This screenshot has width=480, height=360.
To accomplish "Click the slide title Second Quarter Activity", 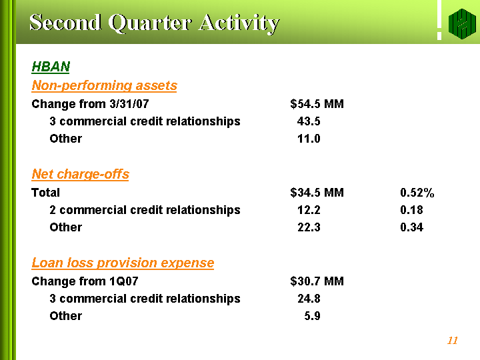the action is (x=154, y=23).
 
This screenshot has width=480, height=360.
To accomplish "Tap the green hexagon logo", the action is (x=462, y=24).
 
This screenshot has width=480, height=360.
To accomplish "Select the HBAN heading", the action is (x=51, y=67).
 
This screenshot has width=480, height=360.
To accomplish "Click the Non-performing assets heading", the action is (x=105, y=85).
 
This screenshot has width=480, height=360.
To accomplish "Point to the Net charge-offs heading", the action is (x=80, y=174).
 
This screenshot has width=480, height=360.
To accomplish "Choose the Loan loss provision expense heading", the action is (x=123, y=263).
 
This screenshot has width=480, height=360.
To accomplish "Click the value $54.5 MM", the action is (x=317, y=104).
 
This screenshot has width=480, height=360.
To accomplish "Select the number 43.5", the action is (x=309, y=121).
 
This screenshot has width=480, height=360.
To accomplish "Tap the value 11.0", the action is (x=309, y=139).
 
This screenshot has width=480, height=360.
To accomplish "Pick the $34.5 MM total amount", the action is (x=317, y=193).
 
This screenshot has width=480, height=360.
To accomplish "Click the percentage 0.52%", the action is (x=417, y=193).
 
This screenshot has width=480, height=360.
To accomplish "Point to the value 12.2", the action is (x=309, y=210).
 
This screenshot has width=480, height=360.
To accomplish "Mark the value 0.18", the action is (x=411, y=210).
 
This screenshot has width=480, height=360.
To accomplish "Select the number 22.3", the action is (x=309, y=227).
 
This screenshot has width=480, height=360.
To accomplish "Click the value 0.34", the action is (x=411, y=227).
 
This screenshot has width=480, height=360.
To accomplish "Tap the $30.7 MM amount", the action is (x=317, y=281).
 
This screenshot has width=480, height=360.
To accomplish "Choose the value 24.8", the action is (x=309, y=299).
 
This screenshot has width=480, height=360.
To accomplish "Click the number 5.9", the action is (x=312, y=316).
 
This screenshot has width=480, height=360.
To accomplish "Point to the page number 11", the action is (x=453, y=341).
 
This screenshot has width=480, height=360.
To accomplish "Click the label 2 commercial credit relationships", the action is (x=145, y=210).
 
